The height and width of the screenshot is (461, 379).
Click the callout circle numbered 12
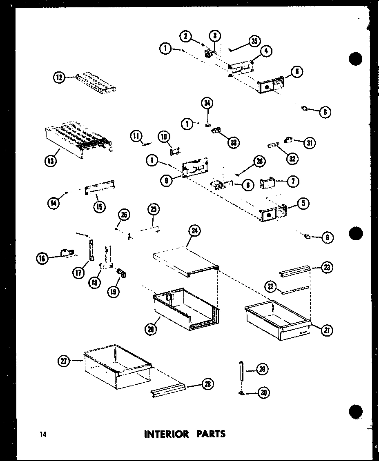60,77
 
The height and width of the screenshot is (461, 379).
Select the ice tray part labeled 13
78,139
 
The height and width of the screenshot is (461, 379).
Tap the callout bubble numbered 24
194,231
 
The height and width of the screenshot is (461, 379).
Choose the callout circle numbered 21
327,330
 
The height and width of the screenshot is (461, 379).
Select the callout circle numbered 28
208,383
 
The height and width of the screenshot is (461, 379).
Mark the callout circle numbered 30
264,393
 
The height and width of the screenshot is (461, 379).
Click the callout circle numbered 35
254,42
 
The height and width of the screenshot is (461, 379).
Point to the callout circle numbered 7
293,182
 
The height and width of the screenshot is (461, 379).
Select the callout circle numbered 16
42,258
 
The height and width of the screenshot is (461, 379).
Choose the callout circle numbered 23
327,267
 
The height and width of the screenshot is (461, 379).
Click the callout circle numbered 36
259,162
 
